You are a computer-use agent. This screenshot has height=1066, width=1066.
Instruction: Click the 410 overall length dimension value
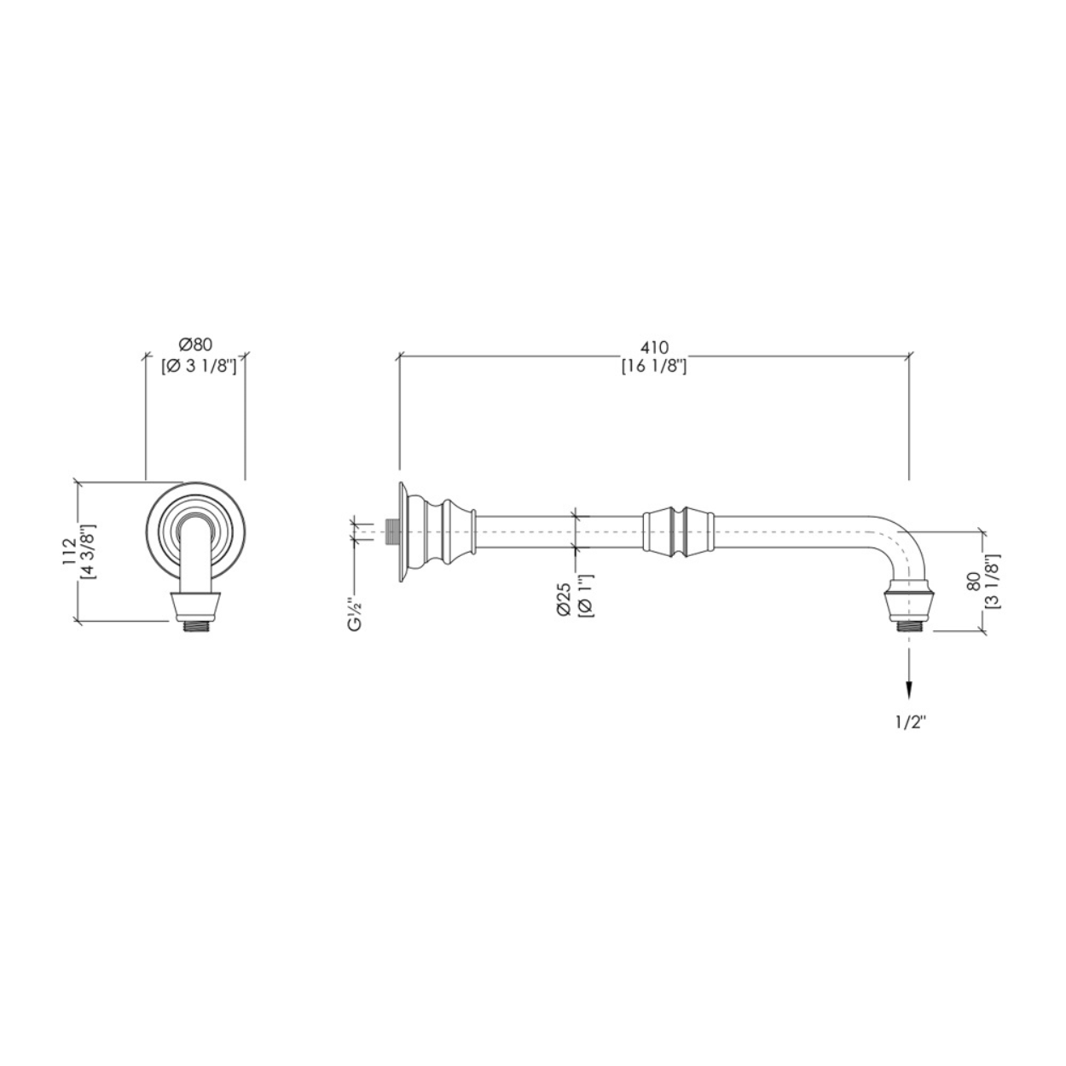(x=654, y=347)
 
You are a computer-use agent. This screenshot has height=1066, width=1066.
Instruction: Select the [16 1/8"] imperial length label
(x=654, y=366)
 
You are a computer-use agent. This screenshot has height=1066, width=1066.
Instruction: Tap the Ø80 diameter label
(x=196, y=344)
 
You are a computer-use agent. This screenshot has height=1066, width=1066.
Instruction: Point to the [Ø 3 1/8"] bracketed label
(x=199, y=366)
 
